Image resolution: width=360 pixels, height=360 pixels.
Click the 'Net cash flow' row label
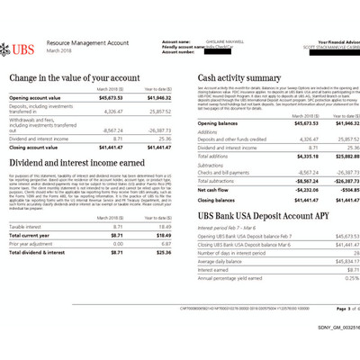[x=214, y=191]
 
